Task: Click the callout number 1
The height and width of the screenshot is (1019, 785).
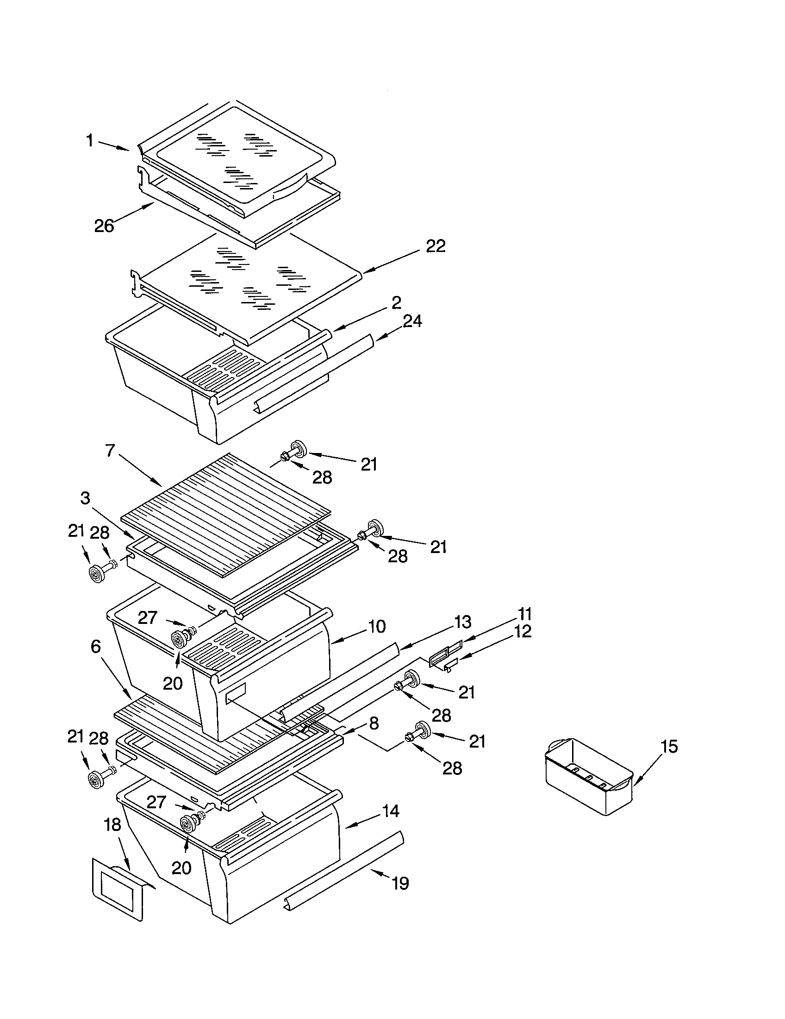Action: (x=89, y=140)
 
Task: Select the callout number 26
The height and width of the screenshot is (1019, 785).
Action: (x=104, y=226)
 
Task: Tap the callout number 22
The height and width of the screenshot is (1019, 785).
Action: (x=436, y=246)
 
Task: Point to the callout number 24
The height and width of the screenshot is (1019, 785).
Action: (x=412, y=321)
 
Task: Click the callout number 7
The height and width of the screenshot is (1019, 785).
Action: (x=110, y=451)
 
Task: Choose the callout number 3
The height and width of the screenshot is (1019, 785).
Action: (x=85, y=498)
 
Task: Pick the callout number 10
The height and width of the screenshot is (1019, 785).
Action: (x=377, y=626)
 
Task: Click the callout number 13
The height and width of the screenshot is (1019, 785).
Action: (x=462, y=622)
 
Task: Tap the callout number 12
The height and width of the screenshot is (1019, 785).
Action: (x=523, y=632)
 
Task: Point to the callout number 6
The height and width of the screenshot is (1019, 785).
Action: (x=95, y=647)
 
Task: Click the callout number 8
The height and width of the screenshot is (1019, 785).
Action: (x=374, y=723)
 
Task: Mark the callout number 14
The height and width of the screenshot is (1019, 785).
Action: (x=391, y=811)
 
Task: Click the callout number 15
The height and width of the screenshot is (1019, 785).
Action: (x=669, y=747)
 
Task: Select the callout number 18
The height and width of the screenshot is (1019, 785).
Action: (x=112, y=824)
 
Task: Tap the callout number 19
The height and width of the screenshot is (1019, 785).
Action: (x=400, y=883)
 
